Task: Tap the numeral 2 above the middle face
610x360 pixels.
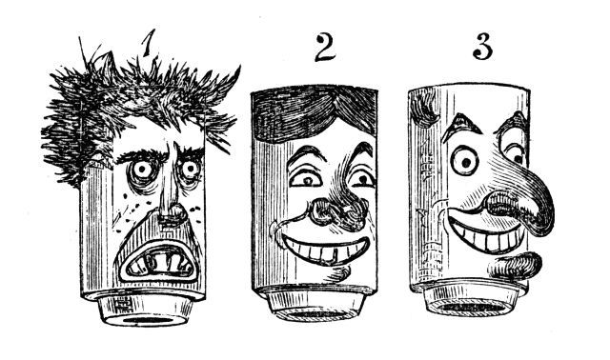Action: (325, 48)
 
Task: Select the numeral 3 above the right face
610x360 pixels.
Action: (483, 48)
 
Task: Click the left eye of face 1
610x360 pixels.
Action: (142, 170)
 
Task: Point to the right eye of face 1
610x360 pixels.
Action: (190, 170)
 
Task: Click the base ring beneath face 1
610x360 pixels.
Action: (146, 310)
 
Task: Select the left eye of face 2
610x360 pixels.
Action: (306, 179)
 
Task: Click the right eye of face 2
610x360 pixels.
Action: (362, 179)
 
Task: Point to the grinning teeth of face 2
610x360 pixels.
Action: (325, 250)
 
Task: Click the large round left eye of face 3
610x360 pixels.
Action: (465, 160)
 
